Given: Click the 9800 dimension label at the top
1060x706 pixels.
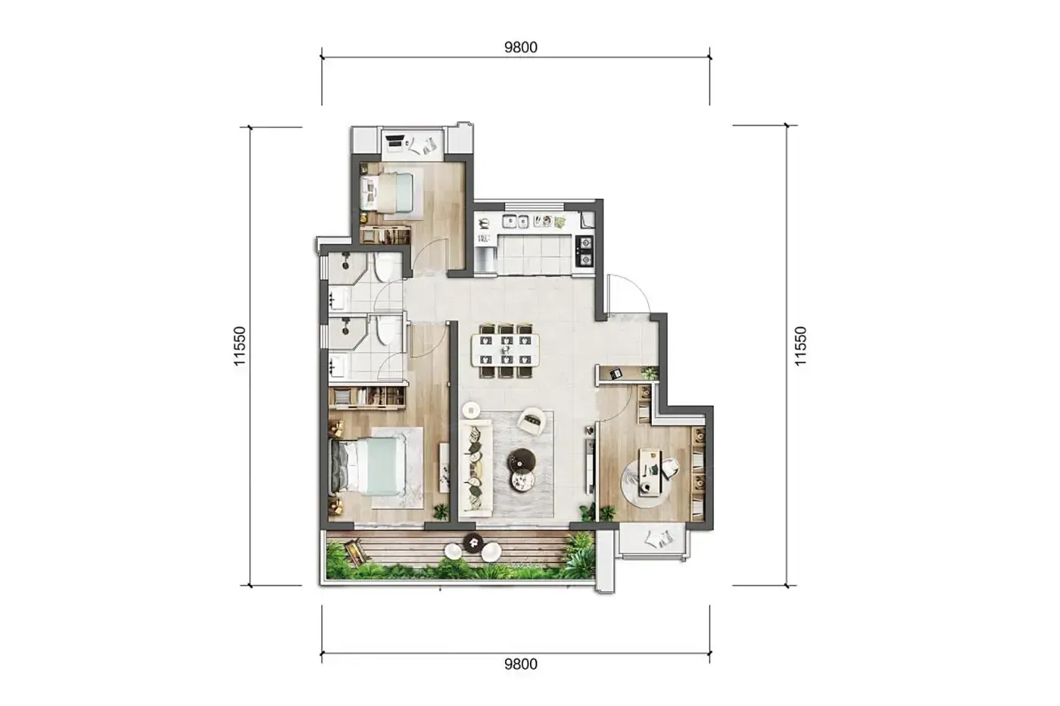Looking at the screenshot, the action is click(x=521, y=47).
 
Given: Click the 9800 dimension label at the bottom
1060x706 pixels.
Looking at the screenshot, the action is click(x=521, y=664).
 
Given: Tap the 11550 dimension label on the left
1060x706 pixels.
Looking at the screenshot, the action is click(x=240, y=346).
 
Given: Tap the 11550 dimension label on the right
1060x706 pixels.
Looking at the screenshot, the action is click(x=800, y=346).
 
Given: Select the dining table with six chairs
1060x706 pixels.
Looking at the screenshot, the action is click(x=506, y=350).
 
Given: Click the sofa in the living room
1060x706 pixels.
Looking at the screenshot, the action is click(x=476, y=467).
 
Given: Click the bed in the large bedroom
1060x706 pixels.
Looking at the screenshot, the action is click(x=367, y=465).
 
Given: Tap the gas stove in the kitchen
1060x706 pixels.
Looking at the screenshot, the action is click(x=585, y=251).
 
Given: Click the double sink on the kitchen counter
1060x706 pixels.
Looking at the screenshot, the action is click(x=516, y=221).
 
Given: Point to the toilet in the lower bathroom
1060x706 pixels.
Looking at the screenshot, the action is click(x=387, y=330).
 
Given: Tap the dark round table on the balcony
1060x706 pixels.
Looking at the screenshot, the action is click(x=473, y=543).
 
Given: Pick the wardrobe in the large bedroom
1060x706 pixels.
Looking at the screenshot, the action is click(x=368, y=398).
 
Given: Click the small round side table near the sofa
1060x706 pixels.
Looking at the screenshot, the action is click(x=471, y=410).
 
